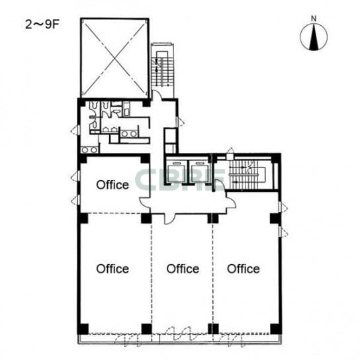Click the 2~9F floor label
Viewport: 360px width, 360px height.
(42, 24)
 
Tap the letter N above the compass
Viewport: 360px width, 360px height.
(314, 19)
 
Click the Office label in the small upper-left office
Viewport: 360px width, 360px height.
(112, 185)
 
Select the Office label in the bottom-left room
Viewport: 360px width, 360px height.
(112, 269)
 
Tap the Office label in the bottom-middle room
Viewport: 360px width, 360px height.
(183, 269)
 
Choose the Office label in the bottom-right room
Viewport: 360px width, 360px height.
(244, 269)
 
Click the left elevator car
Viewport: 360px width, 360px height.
(177, 173)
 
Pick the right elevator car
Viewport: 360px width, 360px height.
(199, 173)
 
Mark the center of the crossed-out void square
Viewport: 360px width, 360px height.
(114, 58)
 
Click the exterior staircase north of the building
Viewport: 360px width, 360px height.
(162, 69)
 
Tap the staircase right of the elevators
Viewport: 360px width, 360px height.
(247, 175)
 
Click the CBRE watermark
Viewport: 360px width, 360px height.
(180, 180)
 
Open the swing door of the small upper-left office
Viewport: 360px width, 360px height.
(145, 202)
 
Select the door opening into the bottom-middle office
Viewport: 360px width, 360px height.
(169, 219)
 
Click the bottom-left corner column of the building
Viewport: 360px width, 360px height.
(83, 329)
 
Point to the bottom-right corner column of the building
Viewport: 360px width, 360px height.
(276, 329)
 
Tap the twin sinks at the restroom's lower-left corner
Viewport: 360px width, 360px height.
(89, 150)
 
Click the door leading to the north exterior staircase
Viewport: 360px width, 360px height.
(157, 95)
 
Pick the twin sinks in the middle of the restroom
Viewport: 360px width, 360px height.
(129, 134)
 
